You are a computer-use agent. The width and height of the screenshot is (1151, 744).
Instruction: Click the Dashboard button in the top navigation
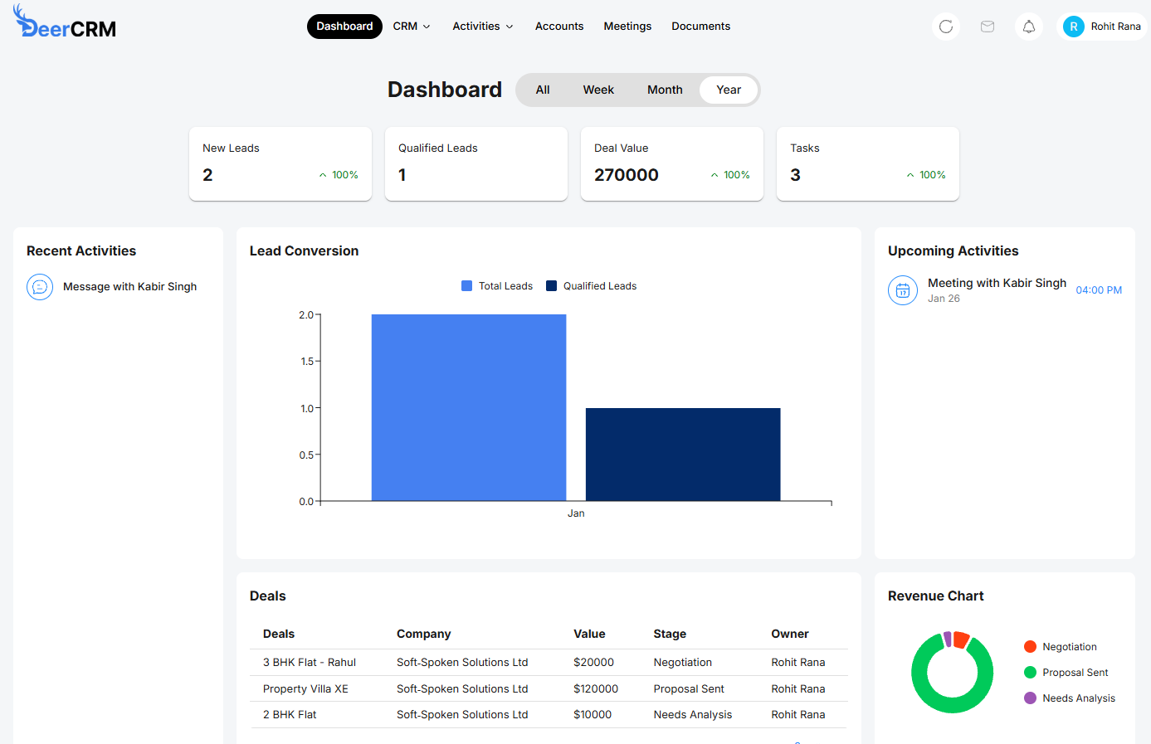click(344, 27)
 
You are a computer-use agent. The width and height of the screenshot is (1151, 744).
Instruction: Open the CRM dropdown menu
click(412, 27)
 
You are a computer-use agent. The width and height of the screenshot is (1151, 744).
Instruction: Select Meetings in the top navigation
click(627, 27)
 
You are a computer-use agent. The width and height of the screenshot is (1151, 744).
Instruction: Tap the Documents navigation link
click(700, 27)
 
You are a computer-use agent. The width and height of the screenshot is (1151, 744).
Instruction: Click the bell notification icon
click(1028, 27)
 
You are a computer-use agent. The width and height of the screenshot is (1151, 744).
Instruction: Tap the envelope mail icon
click(987, 27)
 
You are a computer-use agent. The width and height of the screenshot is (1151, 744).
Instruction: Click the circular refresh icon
click(945, 27)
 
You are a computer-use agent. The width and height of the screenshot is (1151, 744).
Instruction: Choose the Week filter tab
click(598, 90)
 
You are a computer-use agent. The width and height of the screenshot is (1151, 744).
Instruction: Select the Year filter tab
click(728, 90)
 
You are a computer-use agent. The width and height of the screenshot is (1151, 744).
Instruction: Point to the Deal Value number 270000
click(627, 175)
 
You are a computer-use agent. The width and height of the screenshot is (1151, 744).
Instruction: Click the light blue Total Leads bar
click(469, 407)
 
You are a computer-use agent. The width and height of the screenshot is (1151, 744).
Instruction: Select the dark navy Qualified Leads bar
click(683, 454)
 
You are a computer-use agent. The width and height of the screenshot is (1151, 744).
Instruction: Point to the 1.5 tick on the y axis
click(307, 362)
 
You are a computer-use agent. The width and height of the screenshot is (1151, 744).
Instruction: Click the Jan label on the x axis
click(576, 513)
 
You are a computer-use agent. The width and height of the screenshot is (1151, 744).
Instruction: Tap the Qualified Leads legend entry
click(591, 286)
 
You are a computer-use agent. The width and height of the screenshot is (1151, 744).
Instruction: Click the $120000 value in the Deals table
click(596, 688)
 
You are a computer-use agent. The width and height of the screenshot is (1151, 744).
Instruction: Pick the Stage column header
click(670, 634)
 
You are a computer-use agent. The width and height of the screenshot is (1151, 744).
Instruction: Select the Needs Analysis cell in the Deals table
click(692, 714)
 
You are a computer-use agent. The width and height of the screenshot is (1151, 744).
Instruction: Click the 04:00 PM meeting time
click(1099, 290)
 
